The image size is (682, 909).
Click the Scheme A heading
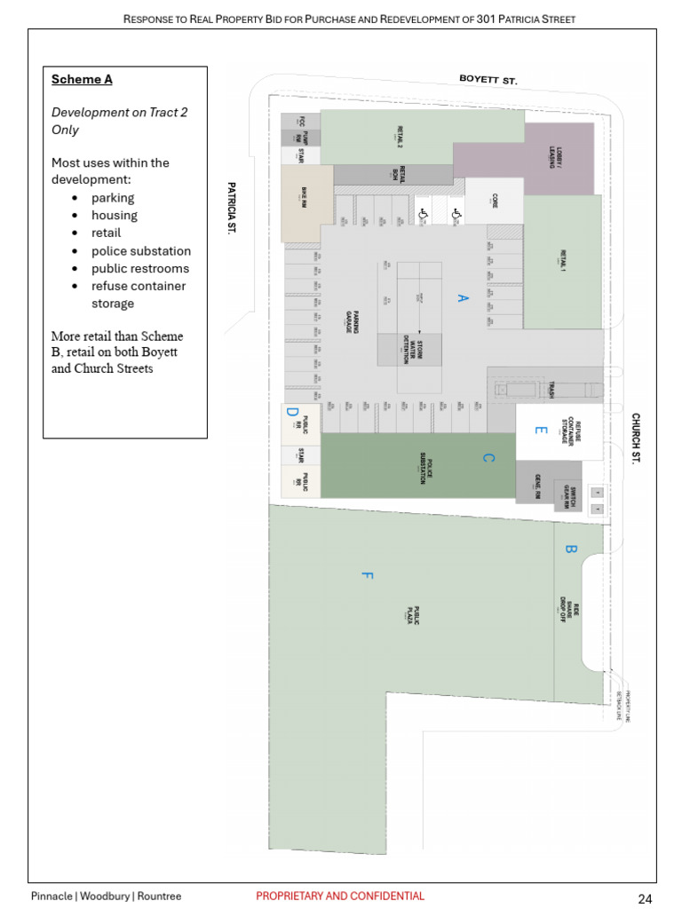click(82, 80)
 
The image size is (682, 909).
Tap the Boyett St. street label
click(488, 80)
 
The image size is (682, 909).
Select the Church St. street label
click(636, 438)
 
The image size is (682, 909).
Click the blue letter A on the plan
click(462, 298)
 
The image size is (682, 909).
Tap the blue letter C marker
click(488, 458)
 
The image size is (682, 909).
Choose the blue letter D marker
click(292, 412)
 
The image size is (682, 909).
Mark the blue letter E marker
click(540, 431)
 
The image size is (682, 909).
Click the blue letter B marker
click(571, 549)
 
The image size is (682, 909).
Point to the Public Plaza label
click(412, 614)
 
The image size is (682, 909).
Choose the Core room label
click(495, 202)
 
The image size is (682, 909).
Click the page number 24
click(646, 898)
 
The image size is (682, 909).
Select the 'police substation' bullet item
click(140, 251)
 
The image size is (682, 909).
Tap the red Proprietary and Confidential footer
click(340, 897)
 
